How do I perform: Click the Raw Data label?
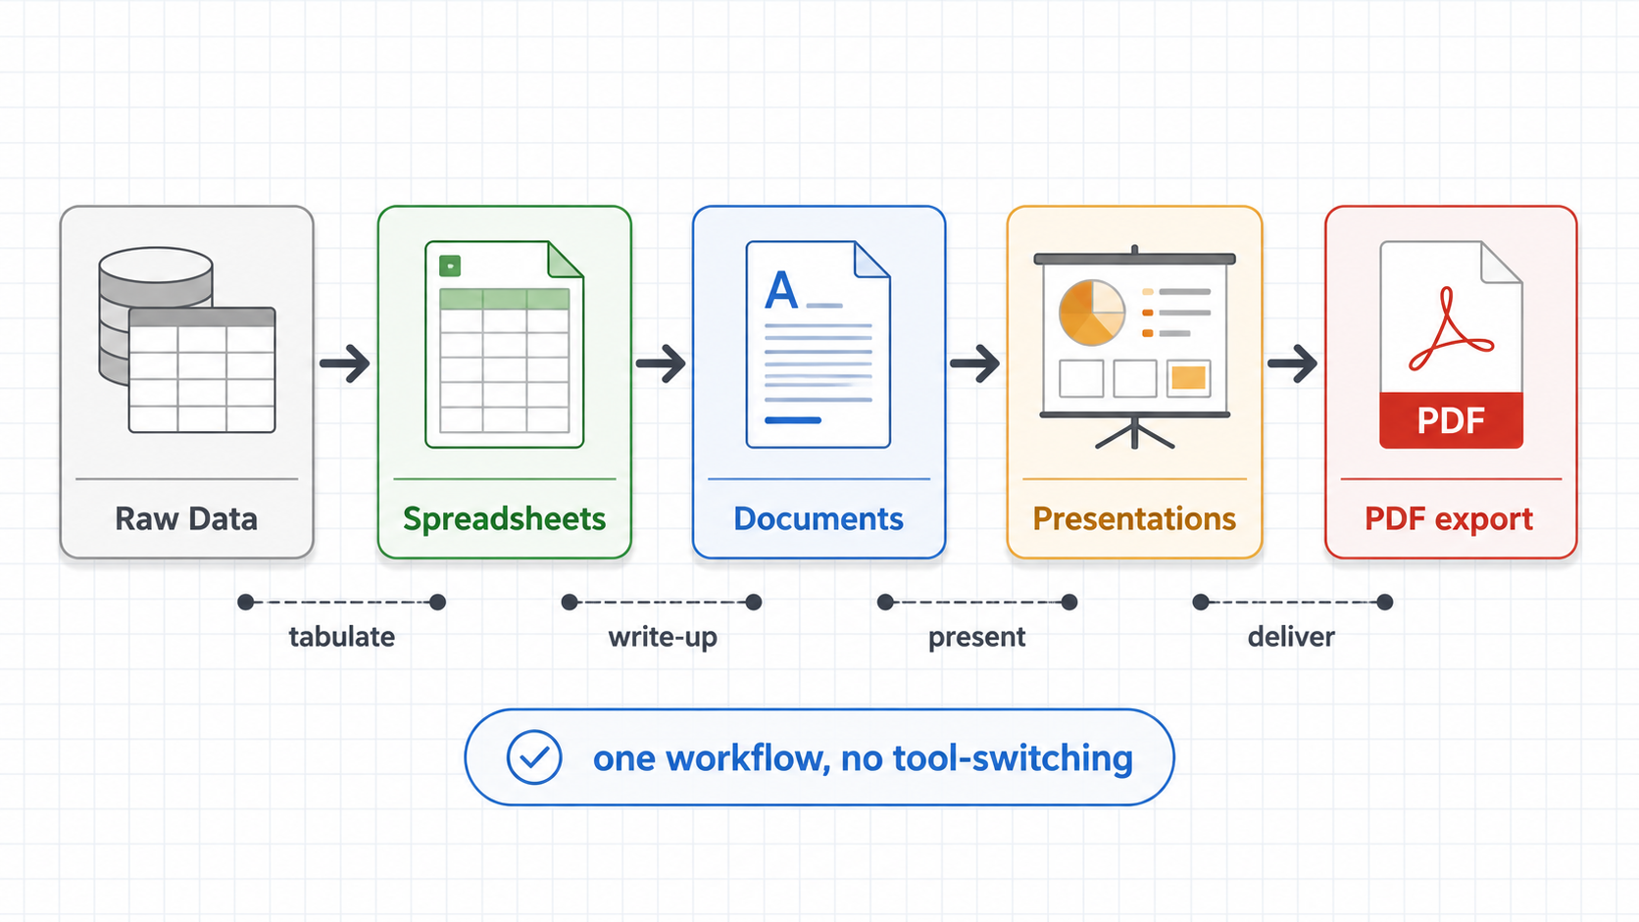[186, 519]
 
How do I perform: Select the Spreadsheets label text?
[504, 519]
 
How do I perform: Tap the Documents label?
[819, 519]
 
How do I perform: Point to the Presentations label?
[1134, 519]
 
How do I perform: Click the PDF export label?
[1449, 520]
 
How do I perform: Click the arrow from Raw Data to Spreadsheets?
[345, 364]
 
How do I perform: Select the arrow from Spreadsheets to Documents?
[661, 364]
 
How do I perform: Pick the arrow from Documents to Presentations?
[974, 364]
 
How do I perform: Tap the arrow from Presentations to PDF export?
[1292, 364]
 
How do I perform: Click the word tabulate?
[342, 637]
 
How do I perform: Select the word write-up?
[663, 638]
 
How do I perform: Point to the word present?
[976, 638]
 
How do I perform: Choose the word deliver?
[1291, 637]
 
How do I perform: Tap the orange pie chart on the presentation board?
[1092, 312]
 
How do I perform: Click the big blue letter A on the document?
[780, 290]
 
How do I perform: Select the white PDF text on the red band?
[1451, 420]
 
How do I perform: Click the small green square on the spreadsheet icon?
[450, 267]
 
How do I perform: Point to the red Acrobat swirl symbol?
[1450, 329]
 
